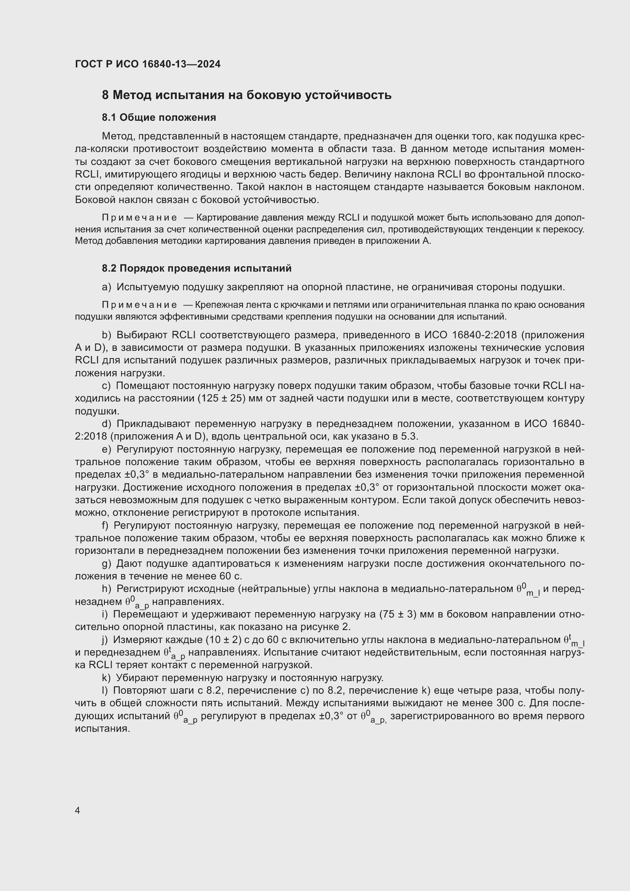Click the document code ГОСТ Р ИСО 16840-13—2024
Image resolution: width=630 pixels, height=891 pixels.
[147, 64]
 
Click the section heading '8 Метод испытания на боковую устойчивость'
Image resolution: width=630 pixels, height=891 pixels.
[246, 95]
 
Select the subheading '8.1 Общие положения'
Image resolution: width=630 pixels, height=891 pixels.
[159, 117]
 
